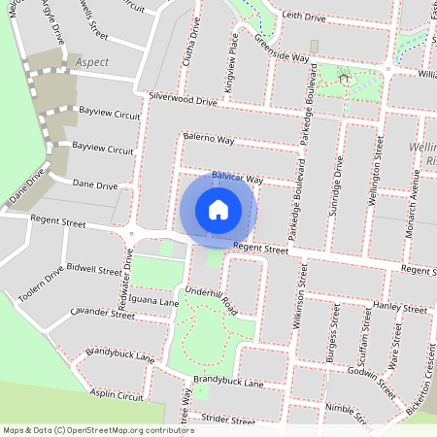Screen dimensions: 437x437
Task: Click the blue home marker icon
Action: (x=218, y=210)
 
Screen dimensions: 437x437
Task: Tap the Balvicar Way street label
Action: (x=238, y=180)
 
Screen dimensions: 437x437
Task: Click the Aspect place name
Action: (x=91, y=61)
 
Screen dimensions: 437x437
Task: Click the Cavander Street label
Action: (x=103, y=314)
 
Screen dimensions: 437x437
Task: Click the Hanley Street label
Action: (x=400, y=308)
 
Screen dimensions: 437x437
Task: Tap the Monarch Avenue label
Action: (x=413, y=198)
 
